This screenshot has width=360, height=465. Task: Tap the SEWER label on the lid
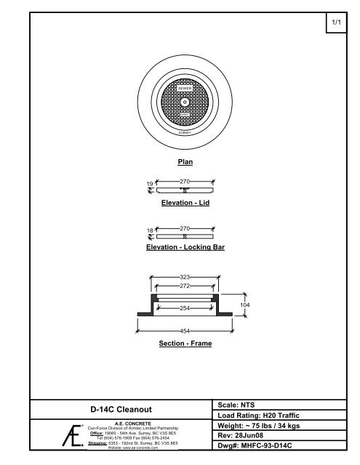click(185, 87)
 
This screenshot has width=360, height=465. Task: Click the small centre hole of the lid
click(185, 102)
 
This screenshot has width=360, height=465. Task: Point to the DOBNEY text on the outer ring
click(185, 133)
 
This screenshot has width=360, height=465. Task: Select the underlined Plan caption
click(185, 163)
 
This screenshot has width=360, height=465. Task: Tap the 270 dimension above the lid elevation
click(185, 179)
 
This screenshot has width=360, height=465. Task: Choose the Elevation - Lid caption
click(185, 203)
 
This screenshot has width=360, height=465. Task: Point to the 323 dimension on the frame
click(185, 278)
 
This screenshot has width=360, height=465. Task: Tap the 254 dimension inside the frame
click(185, 308)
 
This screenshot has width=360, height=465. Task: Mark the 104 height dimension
click(245, 306)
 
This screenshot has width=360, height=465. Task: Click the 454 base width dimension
click(185, 331)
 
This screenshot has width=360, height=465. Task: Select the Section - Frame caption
click(185, 343)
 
